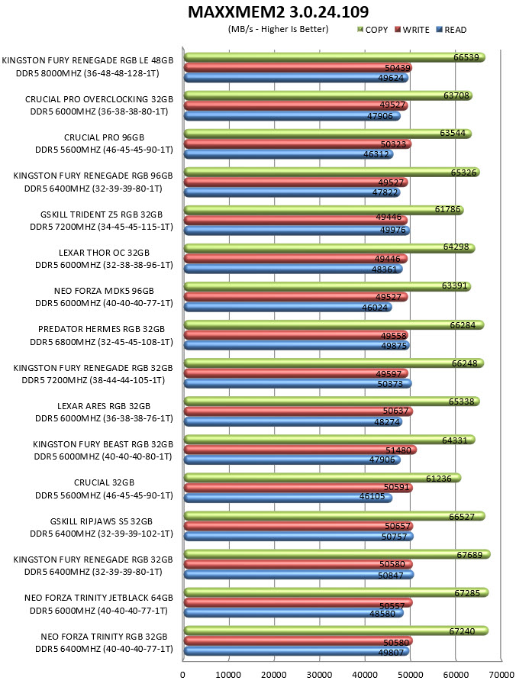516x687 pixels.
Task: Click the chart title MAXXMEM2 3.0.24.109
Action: point(278,11)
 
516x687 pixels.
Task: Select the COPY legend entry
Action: point(372,30)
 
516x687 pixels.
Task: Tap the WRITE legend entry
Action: point(411,30)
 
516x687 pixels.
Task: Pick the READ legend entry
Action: point(451,30)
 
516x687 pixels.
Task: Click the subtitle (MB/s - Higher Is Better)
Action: point(278,29)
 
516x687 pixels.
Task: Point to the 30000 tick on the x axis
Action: point(319,675)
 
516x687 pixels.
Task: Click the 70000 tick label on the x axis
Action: point(501,675)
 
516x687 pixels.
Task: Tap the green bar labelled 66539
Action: point(334,57)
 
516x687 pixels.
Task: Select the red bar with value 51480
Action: point(300,450)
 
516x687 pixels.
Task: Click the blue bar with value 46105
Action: point(288,498)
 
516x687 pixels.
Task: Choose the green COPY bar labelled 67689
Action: point(337,554)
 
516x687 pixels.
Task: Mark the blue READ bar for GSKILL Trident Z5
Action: point(296,230)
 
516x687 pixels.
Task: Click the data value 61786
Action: point(447,209)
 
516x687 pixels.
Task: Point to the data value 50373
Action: point(390,384)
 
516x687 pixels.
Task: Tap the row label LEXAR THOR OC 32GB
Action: point(105,253)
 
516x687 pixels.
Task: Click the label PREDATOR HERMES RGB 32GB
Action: point(102,329)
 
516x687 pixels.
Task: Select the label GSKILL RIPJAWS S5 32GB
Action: point(102,521)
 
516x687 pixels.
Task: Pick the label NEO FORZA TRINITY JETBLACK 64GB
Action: point(98,598)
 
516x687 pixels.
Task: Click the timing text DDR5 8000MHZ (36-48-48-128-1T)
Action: point(88,73)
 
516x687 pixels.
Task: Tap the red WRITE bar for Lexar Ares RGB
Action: point(298,411)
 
